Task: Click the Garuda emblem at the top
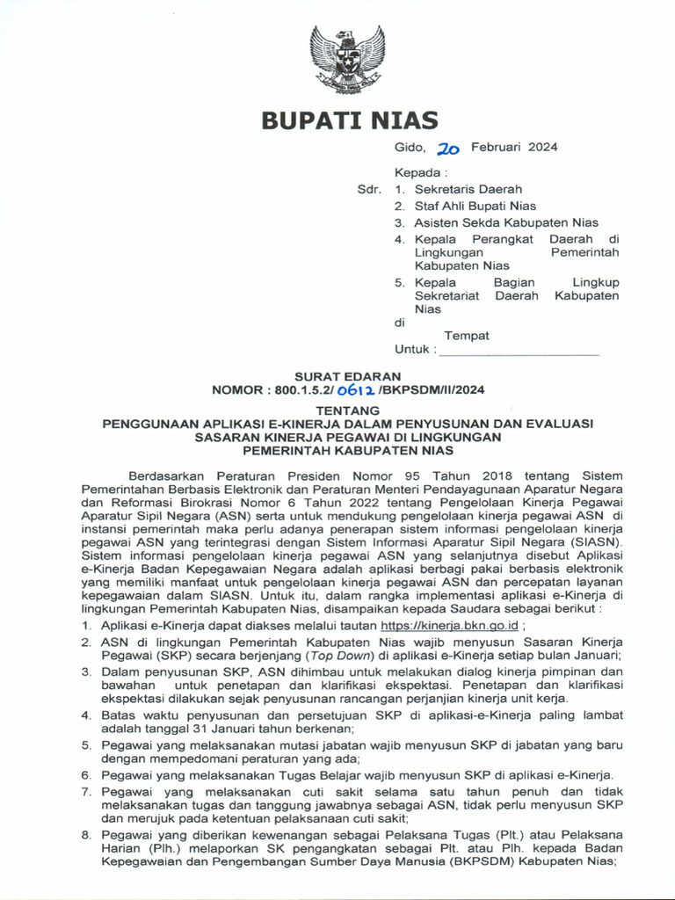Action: [347, 59]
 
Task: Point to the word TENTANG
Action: [348, 410]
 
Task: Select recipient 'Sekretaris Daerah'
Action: [468, 189]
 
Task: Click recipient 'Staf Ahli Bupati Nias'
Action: [475, 206]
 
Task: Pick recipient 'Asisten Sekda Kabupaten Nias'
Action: [506, 222]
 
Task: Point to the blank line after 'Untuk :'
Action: [519, 350]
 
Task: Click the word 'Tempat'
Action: [467, 336]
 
